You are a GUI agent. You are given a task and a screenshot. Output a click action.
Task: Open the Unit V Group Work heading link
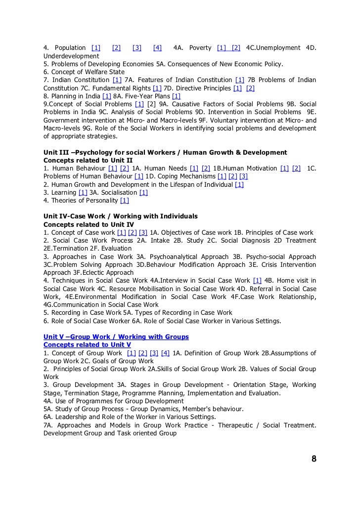click(116, 337)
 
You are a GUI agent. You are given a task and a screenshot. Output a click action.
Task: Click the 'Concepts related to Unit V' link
click(87, 344)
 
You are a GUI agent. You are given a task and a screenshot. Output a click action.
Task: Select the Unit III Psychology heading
click(165, 152)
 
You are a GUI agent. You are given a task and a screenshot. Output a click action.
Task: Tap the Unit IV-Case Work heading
click(120, 216)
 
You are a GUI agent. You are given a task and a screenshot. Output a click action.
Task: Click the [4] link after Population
click(157, 48)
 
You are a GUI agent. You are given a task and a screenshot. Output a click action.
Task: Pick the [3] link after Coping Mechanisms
click(243, 176)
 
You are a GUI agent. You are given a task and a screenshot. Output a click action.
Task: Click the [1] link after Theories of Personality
click(124, 200)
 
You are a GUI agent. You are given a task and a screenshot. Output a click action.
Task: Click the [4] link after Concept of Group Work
click(165, 353)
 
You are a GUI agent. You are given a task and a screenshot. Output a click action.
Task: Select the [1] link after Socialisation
click(144, 192)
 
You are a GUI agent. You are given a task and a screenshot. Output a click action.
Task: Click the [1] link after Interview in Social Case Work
click(257, 281)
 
